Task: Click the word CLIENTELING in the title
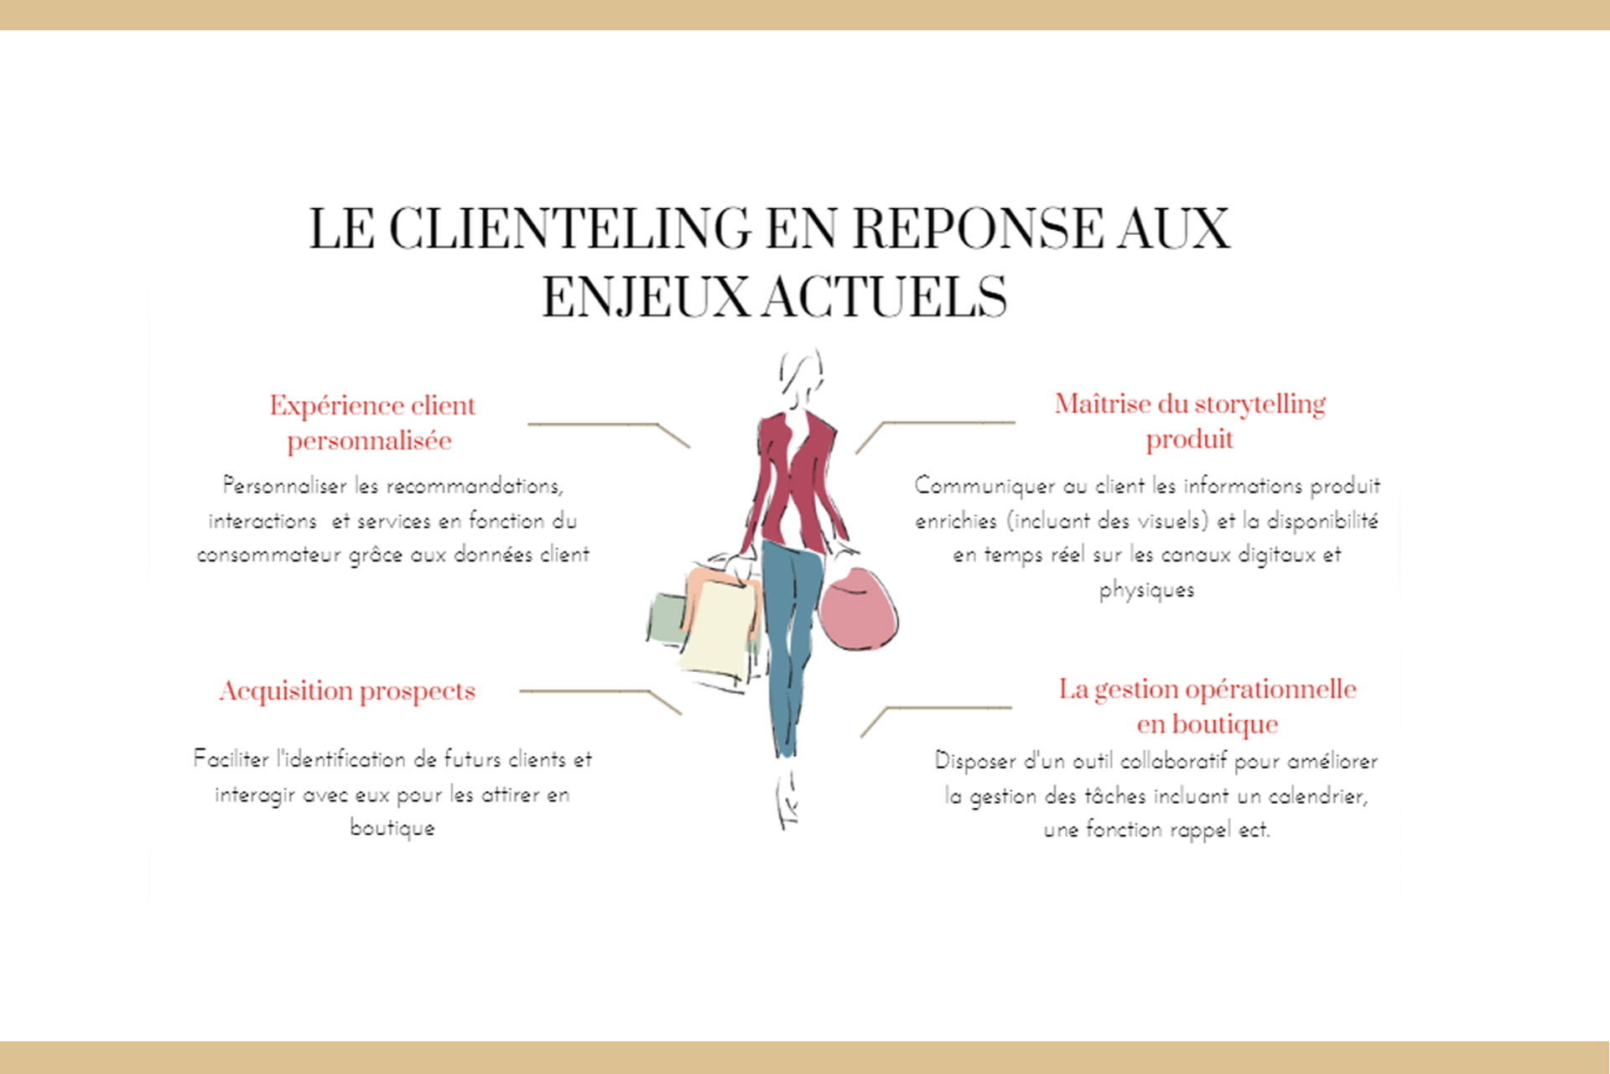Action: click(x=569, y=229)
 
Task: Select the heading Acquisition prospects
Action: click(x=347, y=691)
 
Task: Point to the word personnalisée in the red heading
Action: click(x=369, y=441)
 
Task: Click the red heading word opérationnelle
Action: click(x=1270, y=690)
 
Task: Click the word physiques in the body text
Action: click(x=1146, y=590)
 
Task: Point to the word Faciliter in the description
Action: click(x=231, y=759)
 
